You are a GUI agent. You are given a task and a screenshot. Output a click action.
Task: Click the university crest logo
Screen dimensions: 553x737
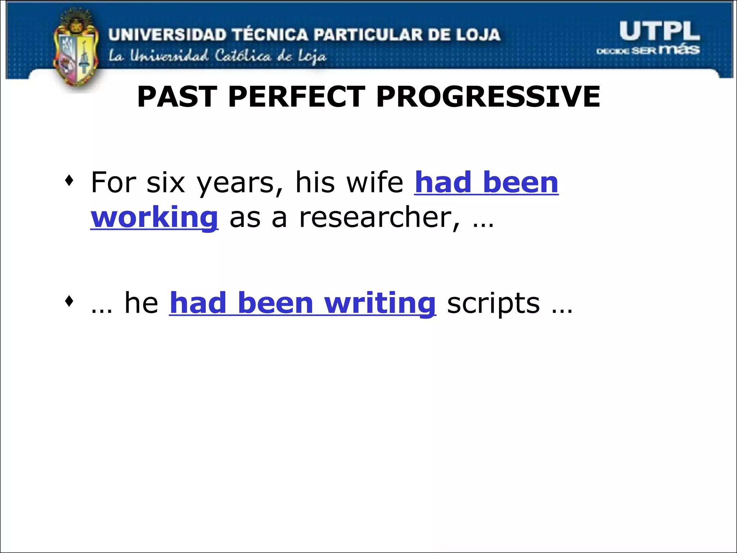[76, 50]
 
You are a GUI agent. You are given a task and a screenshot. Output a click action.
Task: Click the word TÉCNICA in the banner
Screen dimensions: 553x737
[270, 35]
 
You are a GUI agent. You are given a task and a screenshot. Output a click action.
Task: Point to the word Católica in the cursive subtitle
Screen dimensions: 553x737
[243, 56]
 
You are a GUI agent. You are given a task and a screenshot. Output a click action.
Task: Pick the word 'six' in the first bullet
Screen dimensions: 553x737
[166, 183]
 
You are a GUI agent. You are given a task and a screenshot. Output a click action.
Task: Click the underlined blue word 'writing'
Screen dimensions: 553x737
[380, 304]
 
